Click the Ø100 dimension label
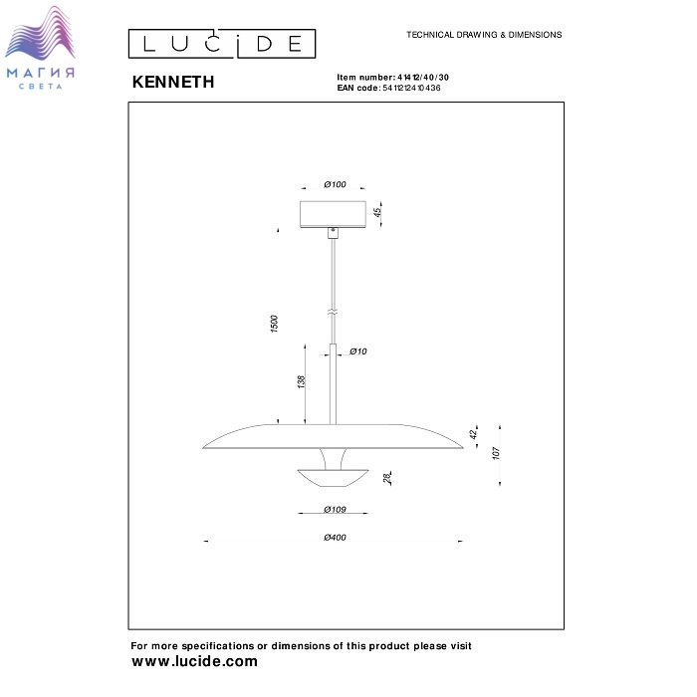pyautogui.click(x=335, y=184)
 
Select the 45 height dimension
pyautogui.click(x=377, y=212)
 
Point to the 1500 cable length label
pyautogui.click(x=274, y=324)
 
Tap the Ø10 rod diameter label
pyautogui.click(x=357, y=351)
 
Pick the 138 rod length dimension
pyautogui.click(x=302, y=381)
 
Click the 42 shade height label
pyautogui.click(x=473, y=433)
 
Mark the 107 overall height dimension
pyautogui.click(x=496, y=453)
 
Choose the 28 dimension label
pyautogui.click(x=387, y=478)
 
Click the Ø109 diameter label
pyautogui.click(x=335, y=510)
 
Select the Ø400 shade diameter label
pyautogui.click(x=335, y=538)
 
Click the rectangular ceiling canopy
pyautogui.click(x=333, y=214)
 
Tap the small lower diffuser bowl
pyautogui.click(x=333, y=478)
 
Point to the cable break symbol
pyautogui.click(x=333, y=312)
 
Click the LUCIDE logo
pyautogui.click(x=222, y=44)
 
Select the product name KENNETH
pyautogui.click(x=173, y=82)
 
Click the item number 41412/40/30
pyautogui.click(x=423, y=78)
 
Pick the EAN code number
pyautogui.click(x=411, y=88)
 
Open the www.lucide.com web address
pyautogui.click(x=195, y=661)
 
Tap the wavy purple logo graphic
pyautogui.click(x=40, y=33)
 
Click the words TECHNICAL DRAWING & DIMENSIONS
pyautogui.click(x=484, y=35)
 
